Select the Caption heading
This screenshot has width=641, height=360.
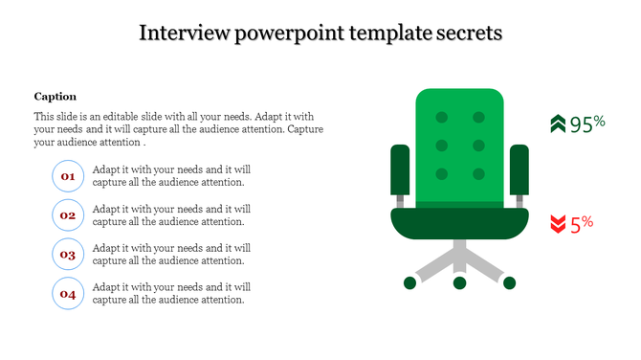pos(55,97)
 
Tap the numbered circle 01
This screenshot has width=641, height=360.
pos(68,176)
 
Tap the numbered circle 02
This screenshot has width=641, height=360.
pos(68,215)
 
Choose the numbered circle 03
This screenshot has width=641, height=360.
pos(68,255)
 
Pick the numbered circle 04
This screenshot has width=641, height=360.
pos(68,294)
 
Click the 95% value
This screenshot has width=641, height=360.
pos(587,124)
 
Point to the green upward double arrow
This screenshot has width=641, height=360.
pos(558,124)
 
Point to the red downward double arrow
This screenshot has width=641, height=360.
pos(558,225)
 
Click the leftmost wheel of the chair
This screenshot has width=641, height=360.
pos(409,282)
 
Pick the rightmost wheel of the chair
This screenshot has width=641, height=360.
pos(510,282)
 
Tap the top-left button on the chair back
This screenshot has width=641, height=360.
pos(442,118)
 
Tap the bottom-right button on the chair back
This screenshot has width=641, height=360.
pos(477,174)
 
